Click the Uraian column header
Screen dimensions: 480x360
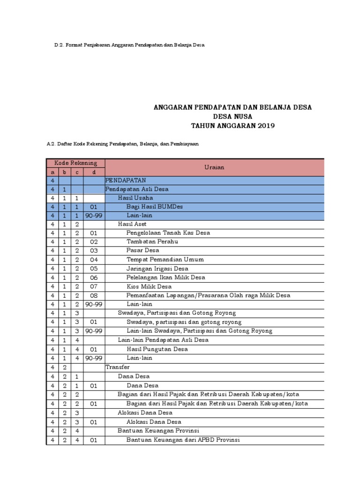click(214, 167)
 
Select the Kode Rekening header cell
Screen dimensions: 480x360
click(76, 163)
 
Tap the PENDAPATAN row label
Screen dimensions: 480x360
click(126, 180)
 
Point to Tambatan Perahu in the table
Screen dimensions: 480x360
click(152, 242)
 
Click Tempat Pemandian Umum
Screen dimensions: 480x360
click(165, 260)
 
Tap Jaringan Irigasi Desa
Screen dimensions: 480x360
click(157, 269)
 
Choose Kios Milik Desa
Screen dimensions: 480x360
click(149, 286)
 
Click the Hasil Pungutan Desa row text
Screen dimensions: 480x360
click(157, 349)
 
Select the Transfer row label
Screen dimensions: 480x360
click(118, 367)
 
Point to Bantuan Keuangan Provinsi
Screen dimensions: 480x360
click(158, 431)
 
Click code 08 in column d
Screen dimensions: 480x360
click(94, 295)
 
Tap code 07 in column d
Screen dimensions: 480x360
click(94, 286)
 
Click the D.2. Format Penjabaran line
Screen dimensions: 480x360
click(129, 45)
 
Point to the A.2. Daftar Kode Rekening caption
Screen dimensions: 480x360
click(122, 144)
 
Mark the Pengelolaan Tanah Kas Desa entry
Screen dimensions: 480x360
click(168, 233)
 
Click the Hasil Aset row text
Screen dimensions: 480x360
click(132, 224)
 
